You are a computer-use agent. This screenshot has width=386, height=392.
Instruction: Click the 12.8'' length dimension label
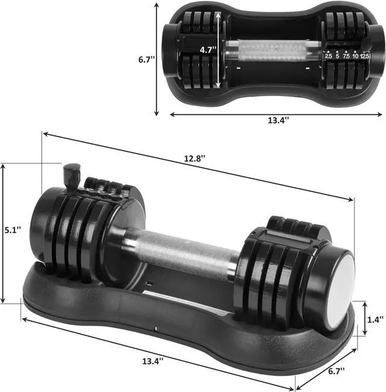[x=194, y=158]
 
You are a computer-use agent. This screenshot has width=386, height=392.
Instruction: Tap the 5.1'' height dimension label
[x=11, y=230]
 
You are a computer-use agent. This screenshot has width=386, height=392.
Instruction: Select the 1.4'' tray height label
[x=373, y=315]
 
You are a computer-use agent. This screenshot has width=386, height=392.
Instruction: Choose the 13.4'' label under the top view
[x=278, y=120]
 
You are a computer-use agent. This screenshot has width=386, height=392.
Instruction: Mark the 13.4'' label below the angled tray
[x=153, y=361]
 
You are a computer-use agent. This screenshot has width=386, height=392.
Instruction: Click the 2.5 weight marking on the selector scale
[x=329, y=56]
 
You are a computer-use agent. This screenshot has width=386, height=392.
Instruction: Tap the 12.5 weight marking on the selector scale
[x=365, y=56]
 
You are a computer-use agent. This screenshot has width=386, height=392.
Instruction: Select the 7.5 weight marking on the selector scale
[x=347, y=56]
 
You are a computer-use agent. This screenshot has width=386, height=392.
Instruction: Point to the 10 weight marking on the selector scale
[x=356, y=56]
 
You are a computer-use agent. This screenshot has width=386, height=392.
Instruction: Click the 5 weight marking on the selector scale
[x=338, y=56]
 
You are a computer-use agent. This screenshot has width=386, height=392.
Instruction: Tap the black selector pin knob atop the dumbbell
[x=72, y=170]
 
